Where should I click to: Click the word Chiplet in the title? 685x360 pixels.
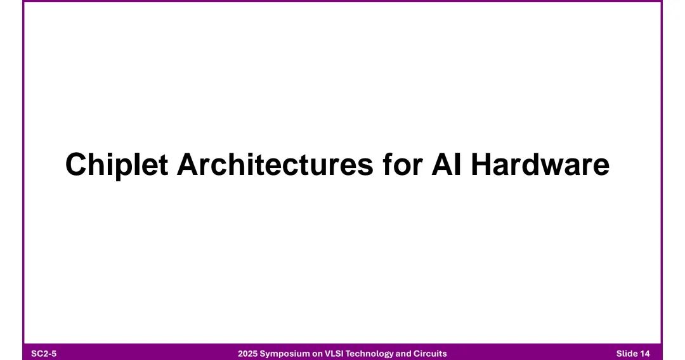(x=117, y=165)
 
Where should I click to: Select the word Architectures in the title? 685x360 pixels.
(x=275, y=164)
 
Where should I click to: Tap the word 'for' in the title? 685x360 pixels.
(x=403, y=164)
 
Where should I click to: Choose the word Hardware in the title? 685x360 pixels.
(x=540, y=164)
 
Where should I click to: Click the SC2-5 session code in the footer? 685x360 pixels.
(x=44, y=354)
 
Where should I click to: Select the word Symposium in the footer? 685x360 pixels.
(x=285, y=354)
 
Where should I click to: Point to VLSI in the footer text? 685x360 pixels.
(x=334, y=354)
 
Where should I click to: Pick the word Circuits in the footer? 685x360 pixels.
(x=430, y=354)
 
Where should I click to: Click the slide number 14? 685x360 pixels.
(x=645, y=354)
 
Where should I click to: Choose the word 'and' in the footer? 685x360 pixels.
(x=403, y=354)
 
